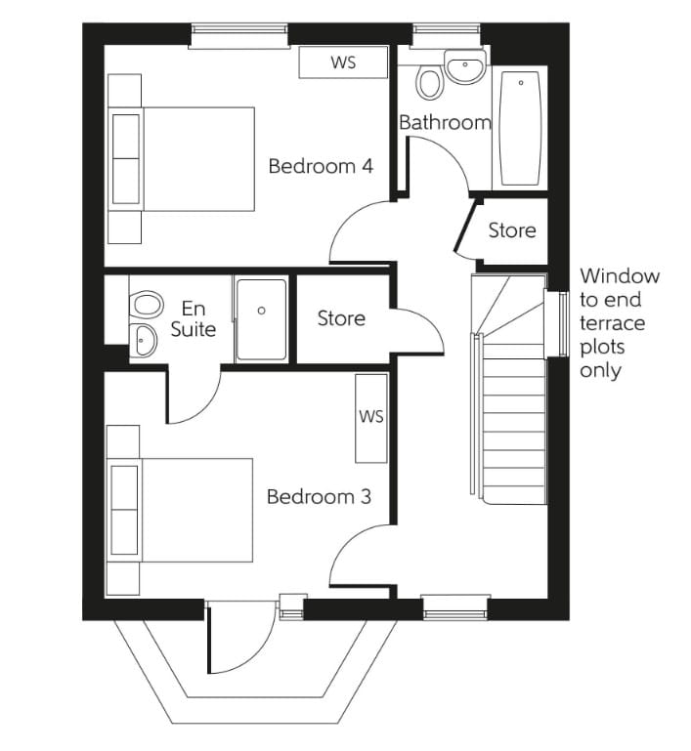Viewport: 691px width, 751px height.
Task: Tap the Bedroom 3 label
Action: [319, 497]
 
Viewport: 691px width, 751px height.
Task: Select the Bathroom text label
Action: [445, 123]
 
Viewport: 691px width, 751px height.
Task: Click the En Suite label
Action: [193, 319]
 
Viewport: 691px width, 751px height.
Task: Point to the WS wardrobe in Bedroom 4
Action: [342, 63]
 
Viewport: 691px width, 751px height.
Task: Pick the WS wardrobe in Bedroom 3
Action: [371, 417]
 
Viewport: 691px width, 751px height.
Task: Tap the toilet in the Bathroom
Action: [429, 81]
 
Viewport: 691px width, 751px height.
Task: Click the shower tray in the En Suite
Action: [261, 319]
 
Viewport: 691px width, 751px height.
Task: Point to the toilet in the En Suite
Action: [145, 304]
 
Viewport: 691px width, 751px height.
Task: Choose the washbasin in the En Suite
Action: [145, 340]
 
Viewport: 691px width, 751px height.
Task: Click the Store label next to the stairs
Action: [512, 230]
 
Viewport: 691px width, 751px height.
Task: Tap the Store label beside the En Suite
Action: [341, 318]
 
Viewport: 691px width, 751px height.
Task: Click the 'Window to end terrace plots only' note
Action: [619, 323]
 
